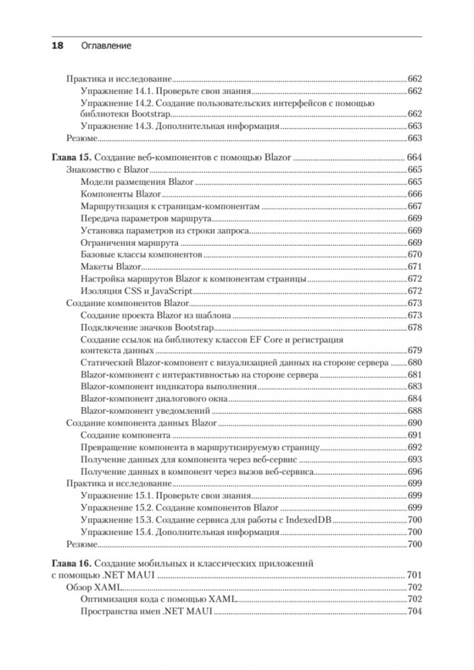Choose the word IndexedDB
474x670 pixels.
click(x=309, y=520)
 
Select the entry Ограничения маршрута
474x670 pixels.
click(x=128, y=242)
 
